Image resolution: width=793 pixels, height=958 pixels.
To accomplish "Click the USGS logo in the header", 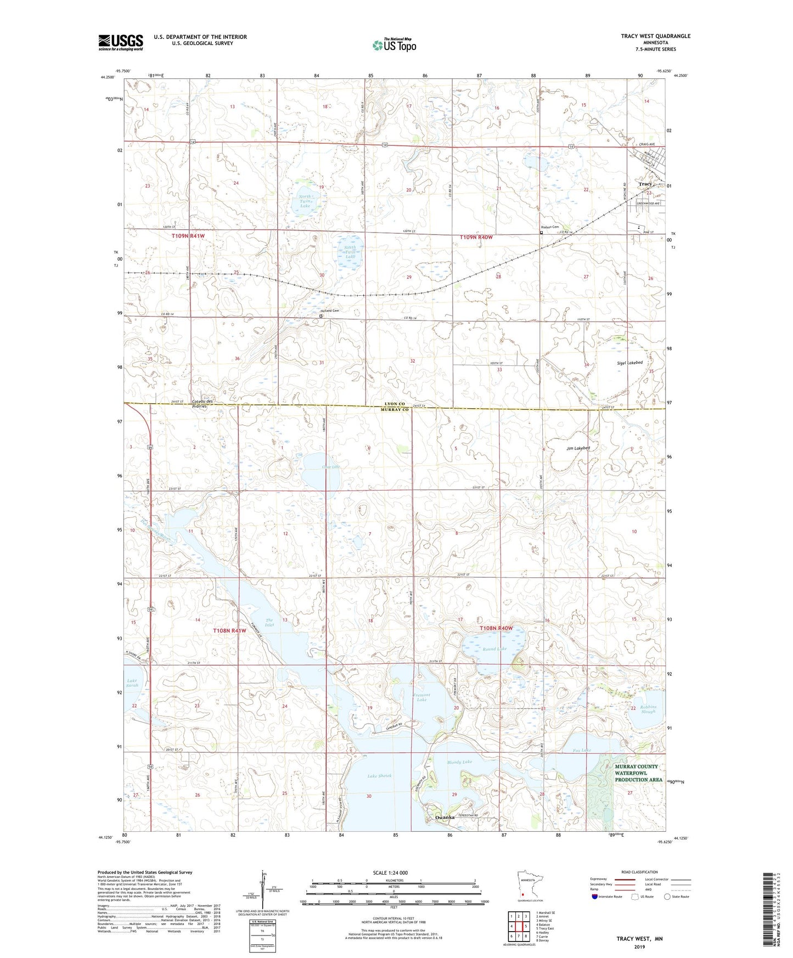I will click(121, 42).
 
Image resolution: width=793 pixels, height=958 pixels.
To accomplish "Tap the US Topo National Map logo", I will click(394, 44).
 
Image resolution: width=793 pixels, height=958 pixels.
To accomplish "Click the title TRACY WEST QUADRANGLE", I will click(655, 36).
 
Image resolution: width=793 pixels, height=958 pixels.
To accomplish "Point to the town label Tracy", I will click(645, 184).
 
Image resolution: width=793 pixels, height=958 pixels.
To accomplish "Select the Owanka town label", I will click(445, 817).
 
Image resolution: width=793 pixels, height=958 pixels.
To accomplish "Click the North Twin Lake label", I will click(305, 201).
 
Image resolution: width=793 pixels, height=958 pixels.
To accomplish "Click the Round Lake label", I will click(494, 649).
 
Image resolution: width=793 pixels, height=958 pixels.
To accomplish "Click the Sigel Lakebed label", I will click(629, 363).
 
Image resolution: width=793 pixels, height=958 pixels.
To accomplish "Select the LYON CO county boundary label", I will click(395, 404).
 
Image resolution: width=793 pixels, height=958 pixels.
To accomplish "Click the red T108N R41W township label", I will click(229, 630).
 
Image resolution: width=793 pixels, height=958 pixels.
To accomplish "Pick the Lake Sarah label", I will click(132, 683).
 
